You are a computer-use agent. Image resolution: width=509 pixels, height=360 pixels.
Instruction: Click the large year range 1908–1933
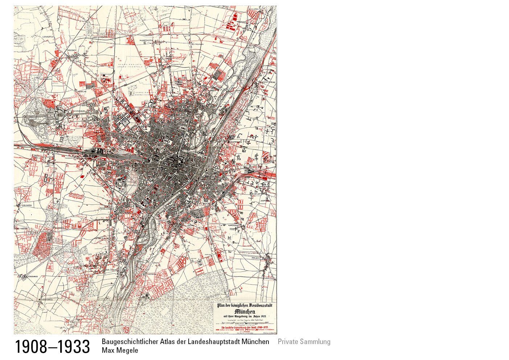pyautogui.click(x=52, y=347)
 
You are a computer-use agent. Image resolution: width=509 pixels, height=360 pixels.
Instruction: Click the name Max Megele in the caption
pyautogui.click(x=120, y=351)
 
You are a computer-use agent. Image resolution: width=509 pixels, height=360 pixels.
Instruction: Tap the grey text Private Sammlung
pyautogui.click(x=304, y=341)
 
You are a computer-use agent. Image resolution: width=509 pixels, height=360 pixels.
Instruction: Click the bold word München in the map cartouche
pyautogui.click(x=245, y=312)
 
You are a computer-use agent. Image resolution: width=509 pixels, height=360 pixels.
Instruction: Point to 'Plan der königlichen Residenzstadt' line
pyautogui.click(x=245, y=306)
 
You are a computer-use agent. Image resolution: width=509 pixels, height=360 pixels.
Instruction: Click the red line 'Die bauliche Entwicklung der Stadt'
pyautogui.click(x=245, y=328)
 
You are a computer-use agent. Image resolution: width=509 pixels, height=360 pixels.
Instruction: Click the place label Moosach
pyautogui.click(x=71, y=50)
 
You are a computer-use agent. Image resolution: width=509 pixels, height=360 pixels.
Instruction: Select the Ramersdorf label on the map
pyautogui.click(x=235, y=225)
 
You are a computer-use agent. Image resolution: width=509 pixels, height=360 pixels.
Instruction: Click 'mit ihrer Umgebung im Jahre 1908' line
pyautogui.click(x=245, y=316)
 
